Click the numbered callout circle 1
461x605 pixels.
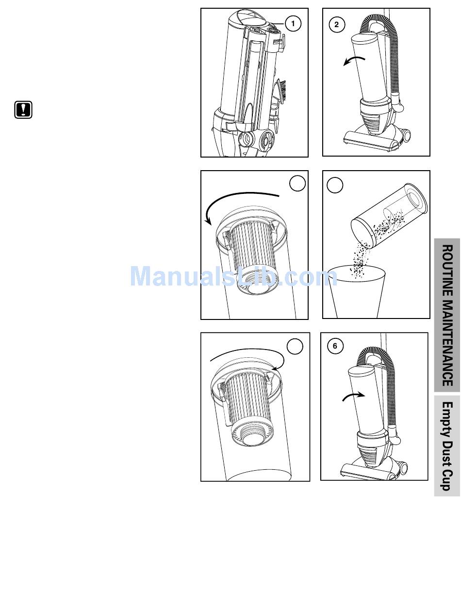293,23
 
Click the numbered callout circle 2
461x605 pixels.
336,25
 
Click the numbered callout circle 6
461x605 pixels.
335,346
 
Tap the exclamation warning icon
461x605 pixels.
23,110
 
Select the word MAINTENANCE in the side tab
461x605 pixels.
447,343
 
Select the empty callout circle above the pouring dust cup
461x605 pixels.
335,185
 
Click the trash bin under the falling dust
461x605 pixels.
357,292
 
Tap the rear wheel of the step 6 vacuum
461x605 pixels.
402,468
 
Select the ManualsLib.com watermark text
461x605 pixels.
233,276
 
